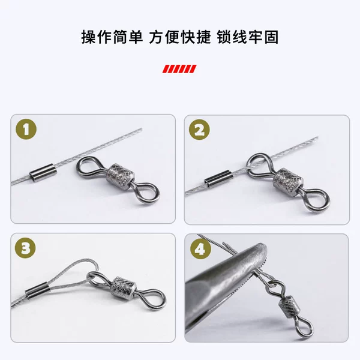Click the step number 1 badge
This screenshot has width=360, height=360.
[x=26, y=129]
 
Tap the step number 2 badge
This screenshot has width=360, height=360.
[x=199, y=130]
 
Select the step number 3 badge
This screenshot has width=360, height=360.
[x=25, y=248]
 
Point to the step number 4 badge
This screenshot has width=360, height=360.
[x=200, y=249]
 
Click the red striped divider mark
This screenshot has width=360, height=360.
[x=179, y=69]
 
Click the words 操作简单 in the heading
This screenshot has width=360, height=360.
[x=112, y=37]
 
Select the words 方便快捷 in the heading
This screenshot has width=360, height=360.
[x=180, y=37]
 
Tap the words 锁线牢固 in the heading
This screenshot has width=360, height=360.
[x=248, y=37]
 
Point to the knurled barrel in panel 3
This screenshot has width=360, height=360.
[x=124, y=289]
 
